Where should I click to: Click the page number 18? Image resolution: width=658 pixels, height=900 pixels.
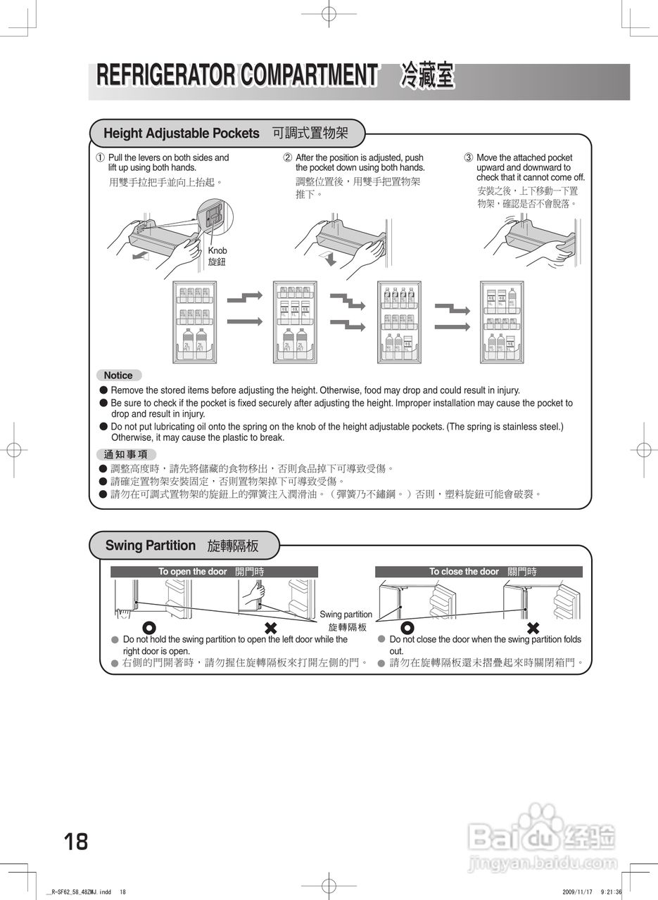click(76, 841)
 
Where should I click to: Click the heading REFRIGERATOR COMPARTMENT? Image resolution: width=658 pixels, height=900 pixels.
click(236, 75)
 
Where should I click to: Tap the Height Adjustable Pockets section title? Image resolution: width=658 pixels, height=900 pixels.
click(182, 133)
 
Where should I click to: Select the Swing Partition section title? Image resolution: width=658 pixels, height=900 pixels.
click(151, 545)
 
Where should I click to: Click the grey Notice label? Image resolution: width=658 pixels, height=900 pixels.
click(118, 375)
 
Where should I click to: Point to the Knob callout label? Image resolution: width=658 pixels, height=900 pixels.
click(217, 251)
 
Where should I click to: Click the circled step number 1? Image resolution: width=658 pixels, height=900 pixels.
click(101, 158)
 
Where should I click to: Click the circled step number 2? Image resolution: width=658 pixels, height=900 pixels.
click(288, 158)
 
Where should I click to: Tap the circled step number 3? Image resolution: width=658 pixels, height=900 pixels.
click(469, 158)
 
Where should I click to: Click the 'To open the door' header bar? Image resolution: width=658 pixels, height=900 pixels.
click(214, 572)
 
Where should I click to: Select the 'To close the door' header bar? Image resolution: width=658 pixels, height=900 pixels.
click(479, 572)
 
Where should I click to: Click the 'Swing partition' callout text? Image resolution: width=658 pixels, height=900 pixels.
click(346, 615)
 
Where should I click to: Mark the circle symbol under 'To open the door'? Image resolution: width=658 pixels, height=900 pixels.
click(149, 628)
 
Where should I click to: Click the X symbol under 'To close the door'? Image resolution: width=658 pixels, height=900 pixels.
click(533, 628)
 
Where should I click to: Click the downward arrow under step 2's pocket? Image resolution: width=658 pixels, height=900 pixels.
click(329, 259)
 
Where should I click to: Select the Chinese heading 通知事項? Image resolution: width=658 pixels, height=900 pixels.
click(126, 454)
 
